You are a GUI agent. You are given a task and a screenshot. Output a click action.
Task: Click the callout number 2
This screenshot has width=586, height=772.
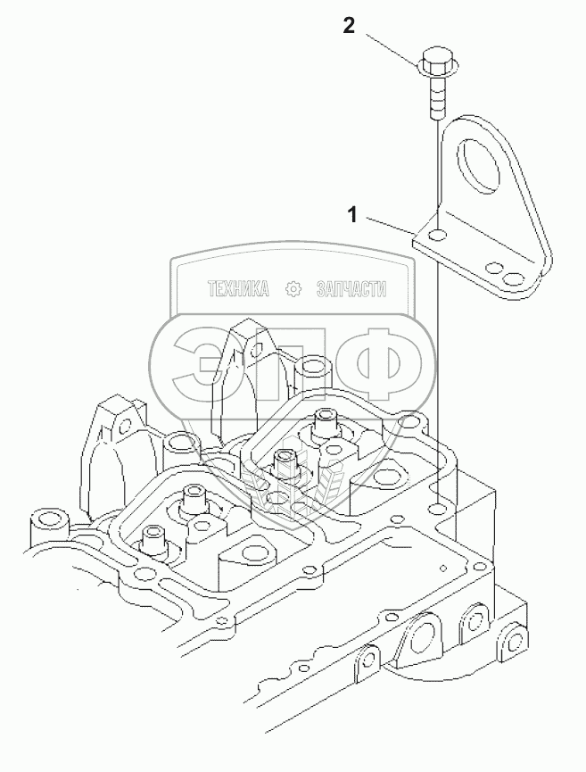pyautogui.click(x=349, y=26)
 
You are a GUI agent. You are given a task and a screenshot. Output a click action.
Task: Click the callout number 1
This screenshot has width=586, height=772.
pyautogui.click(x=353, y=214)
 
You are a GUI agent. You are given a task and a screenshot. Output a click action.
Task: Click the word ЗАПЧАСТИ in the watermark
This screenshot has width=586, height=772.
pyautogui.click(x=349, y=289)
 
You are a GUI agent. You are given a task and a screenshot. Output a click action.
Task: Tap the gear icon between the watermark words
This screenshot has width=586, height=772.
pyautogui.click(x=293, y=289)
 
